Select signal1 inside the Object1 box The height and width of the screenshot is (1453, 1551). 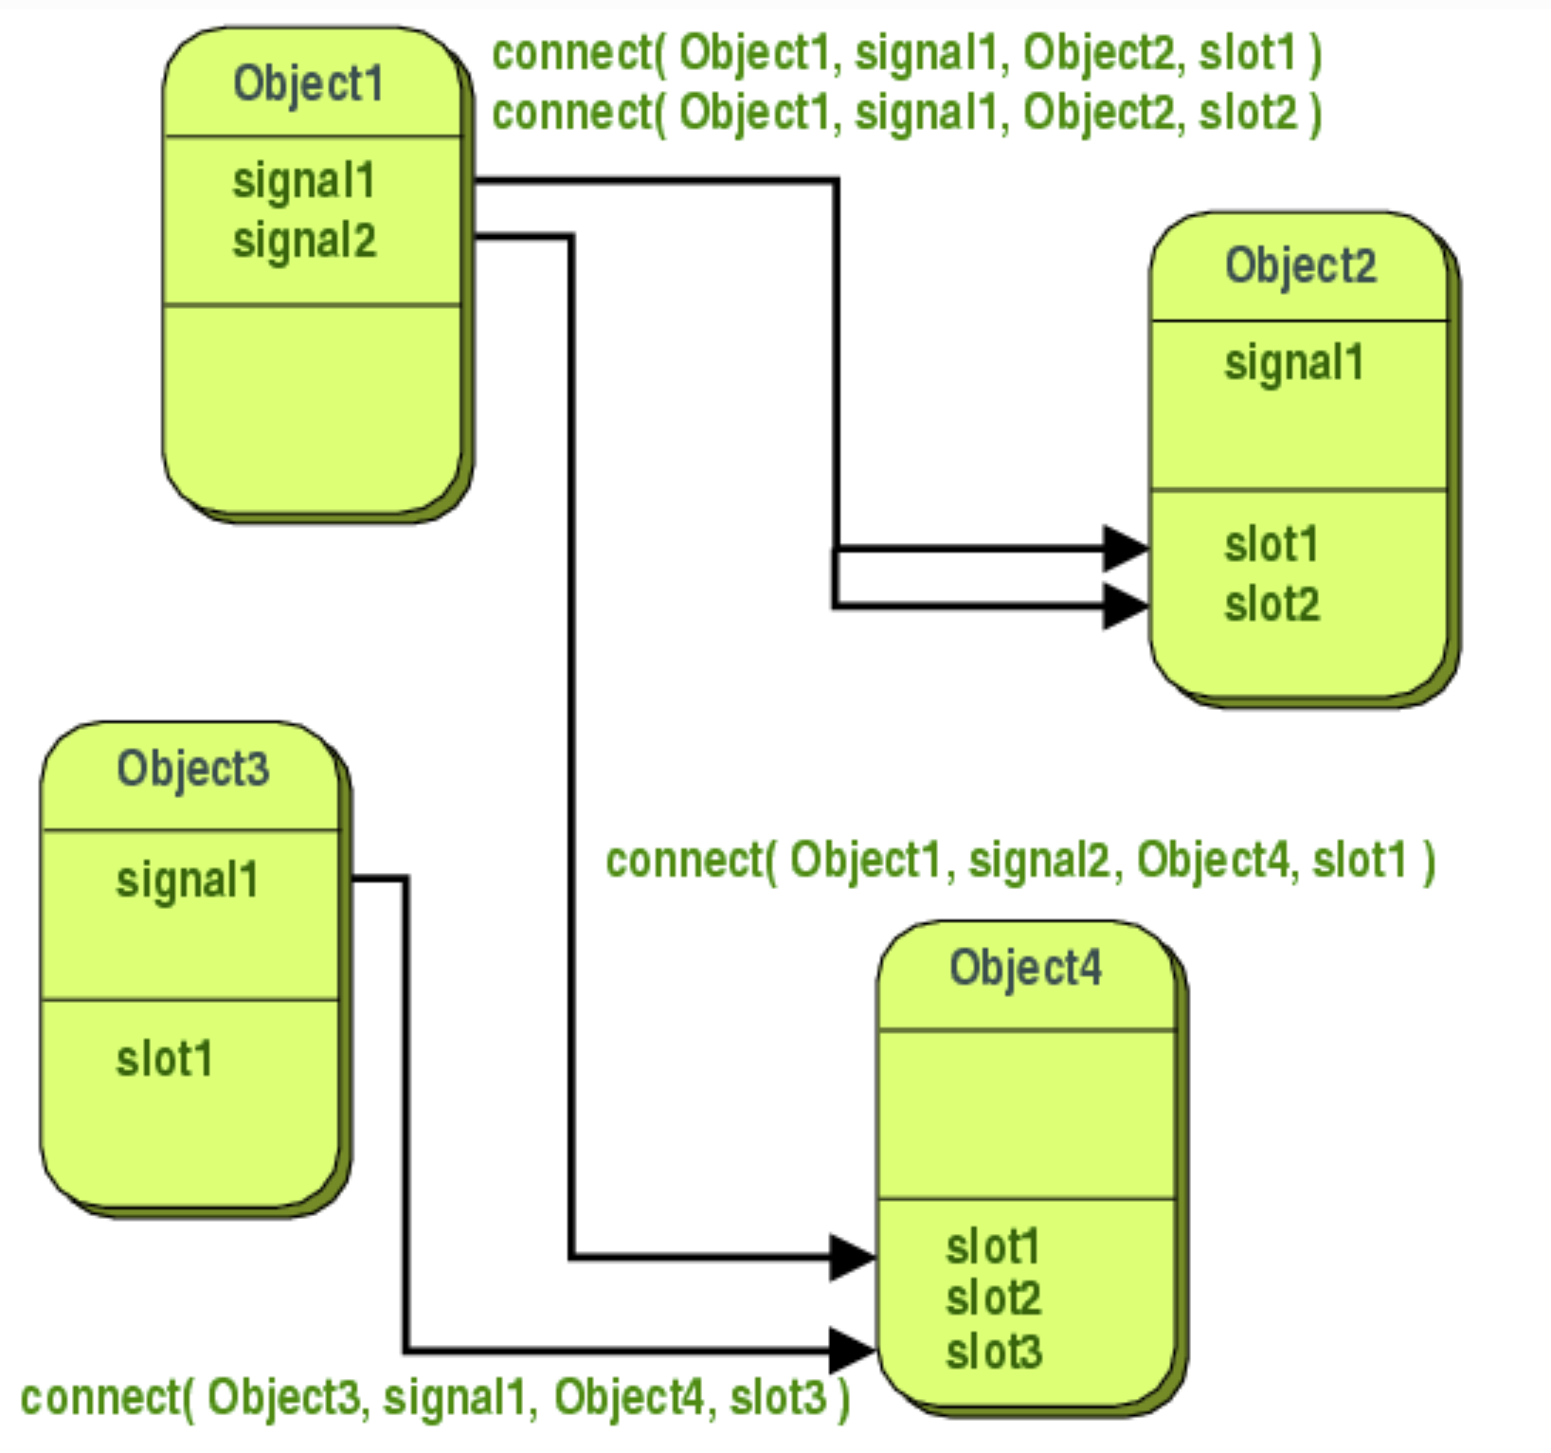pyautogui.click(x=304, y=181)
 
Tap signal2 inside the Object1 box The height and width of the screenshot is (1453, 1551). pyautogui.click(x=304, y=241)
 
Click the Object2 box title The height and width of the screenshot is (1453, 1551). pyautogui.click(x=1300, y=266)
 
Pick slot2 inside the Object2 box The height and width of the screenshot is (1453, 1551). pyautogui.click(x=1271, y=605)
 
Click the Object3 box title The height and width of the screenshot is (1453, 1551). pyautogui.click(x=193, y=769)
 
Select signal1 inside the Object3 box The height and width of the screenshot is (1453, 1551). pyautogui.click(x=187, y=881)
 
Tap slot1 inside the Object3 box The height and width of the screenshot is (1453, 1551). pyautogui.click(x=164, y=1059)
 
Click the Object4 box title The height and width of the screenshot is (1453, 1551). pyautogui.click(x=1026, y=969)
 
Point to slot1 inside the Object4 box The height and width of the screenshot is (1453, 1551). pyautogui.click(x=993, y=1246)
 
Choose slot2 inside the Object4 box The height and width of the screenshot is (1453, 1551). pyautogui.click(x=993, y=1299)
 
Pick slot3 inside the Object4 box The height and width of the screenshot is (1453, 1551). pyautogui.click(x=993, y=1352)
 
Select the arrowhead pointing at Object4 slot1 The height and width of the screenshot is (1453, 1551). pyautogui.click(x=853, y=1257)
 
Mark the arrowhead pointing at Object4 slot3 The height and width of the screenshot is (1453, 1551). pyautogui.click(x=853, y=1350)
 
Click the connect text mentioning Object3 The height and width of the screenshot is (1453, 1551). pyautogui.click(x=435, y=1398)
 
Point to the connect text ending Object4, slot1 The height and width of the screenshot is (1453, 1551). pyautogui.click(x=1020, y=861)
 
